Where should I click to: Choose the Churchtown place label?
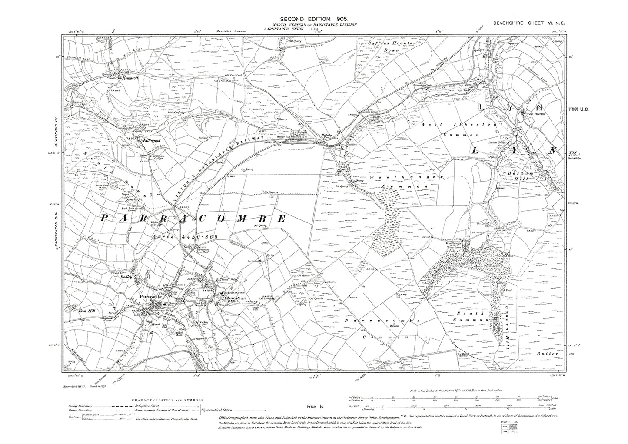point(236,298)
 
